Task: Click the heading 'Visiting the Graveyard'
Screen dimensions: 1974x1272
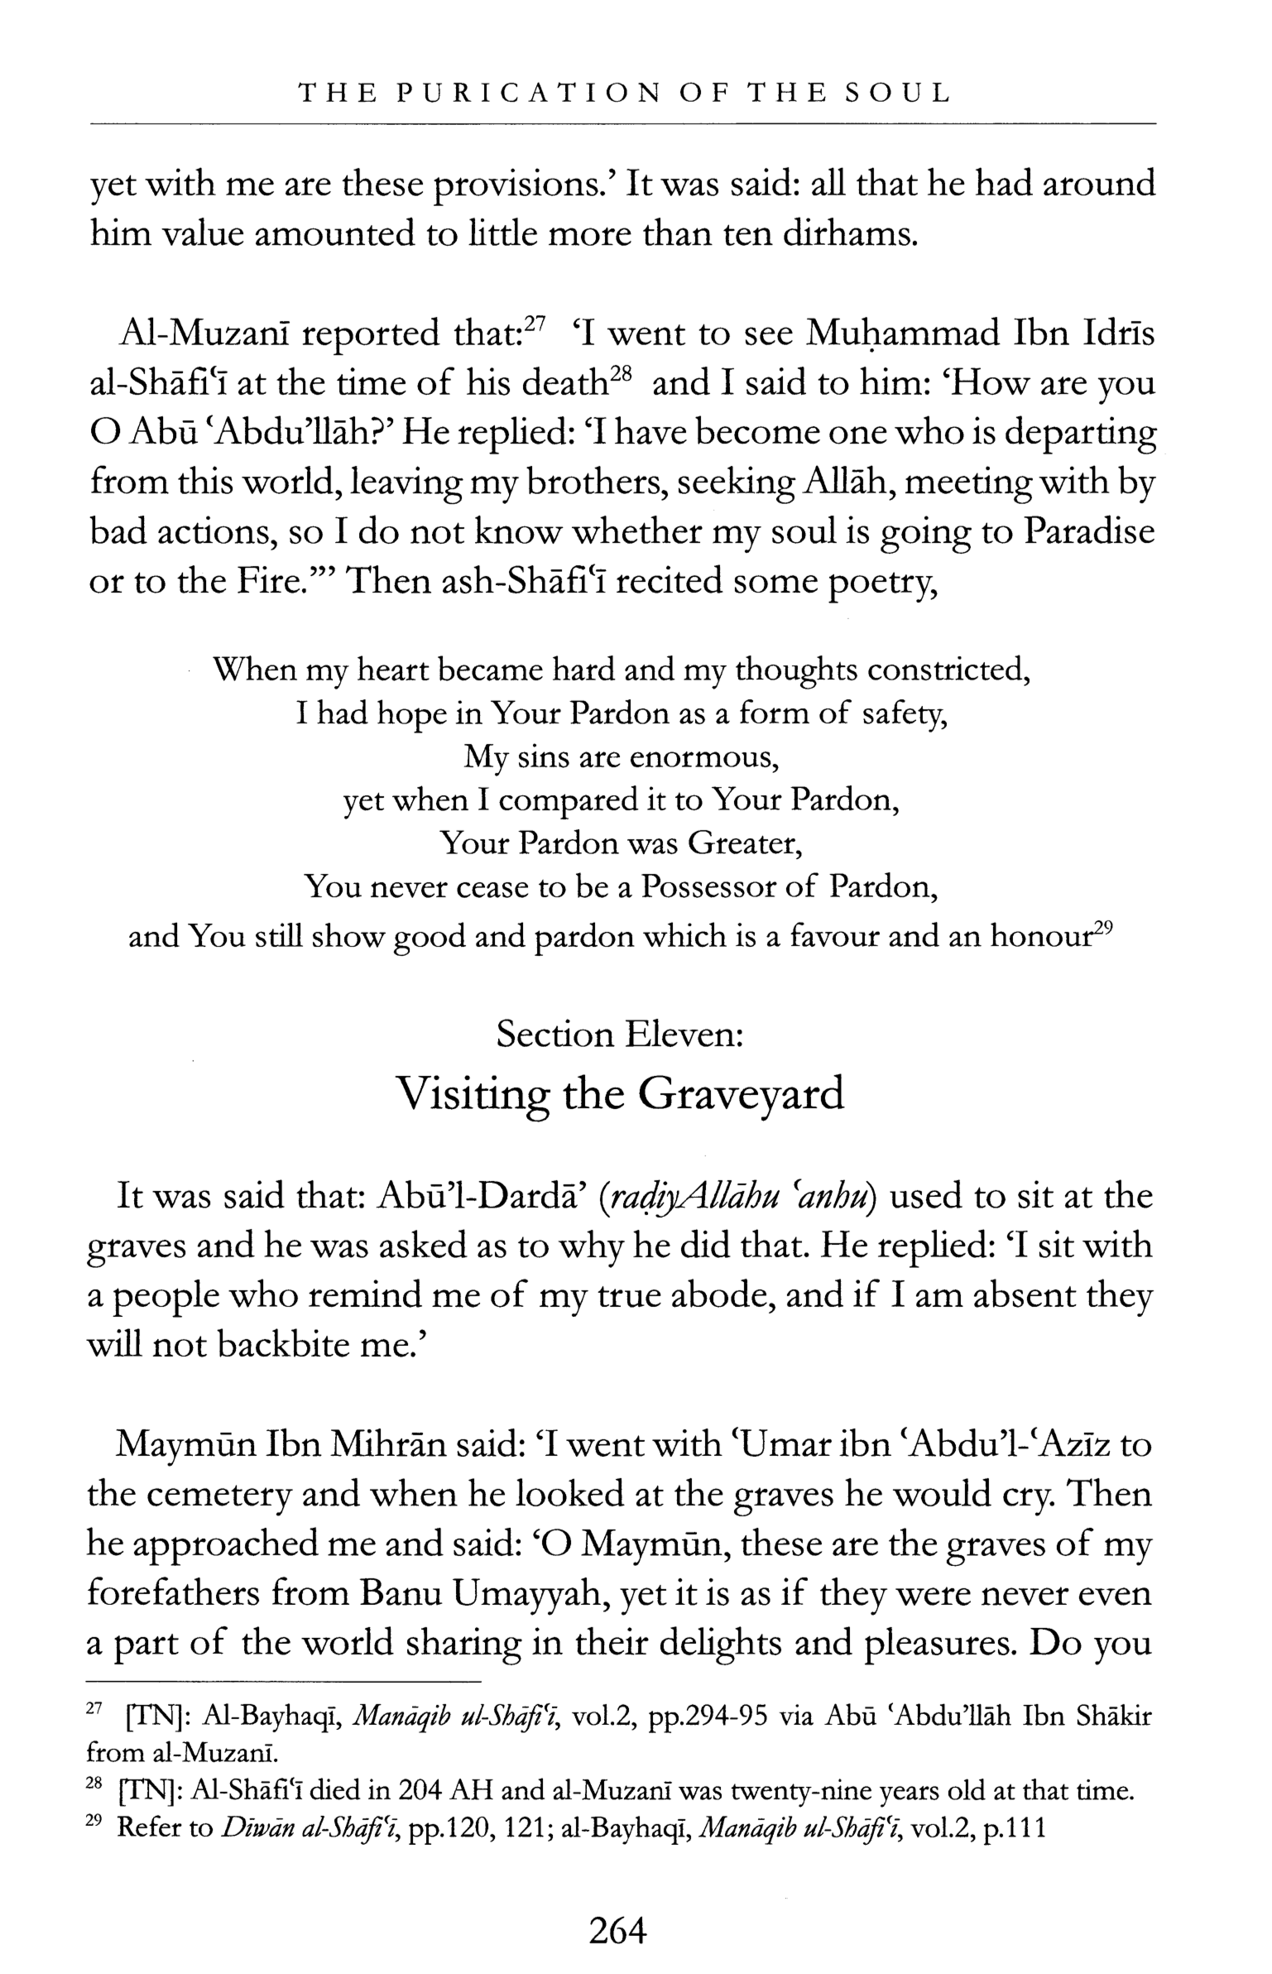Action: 620,1093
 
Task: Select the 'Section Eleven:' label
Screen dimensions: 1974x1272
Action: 620,1034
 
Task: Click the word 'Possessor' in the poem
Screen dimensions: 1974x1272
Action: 708,887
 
